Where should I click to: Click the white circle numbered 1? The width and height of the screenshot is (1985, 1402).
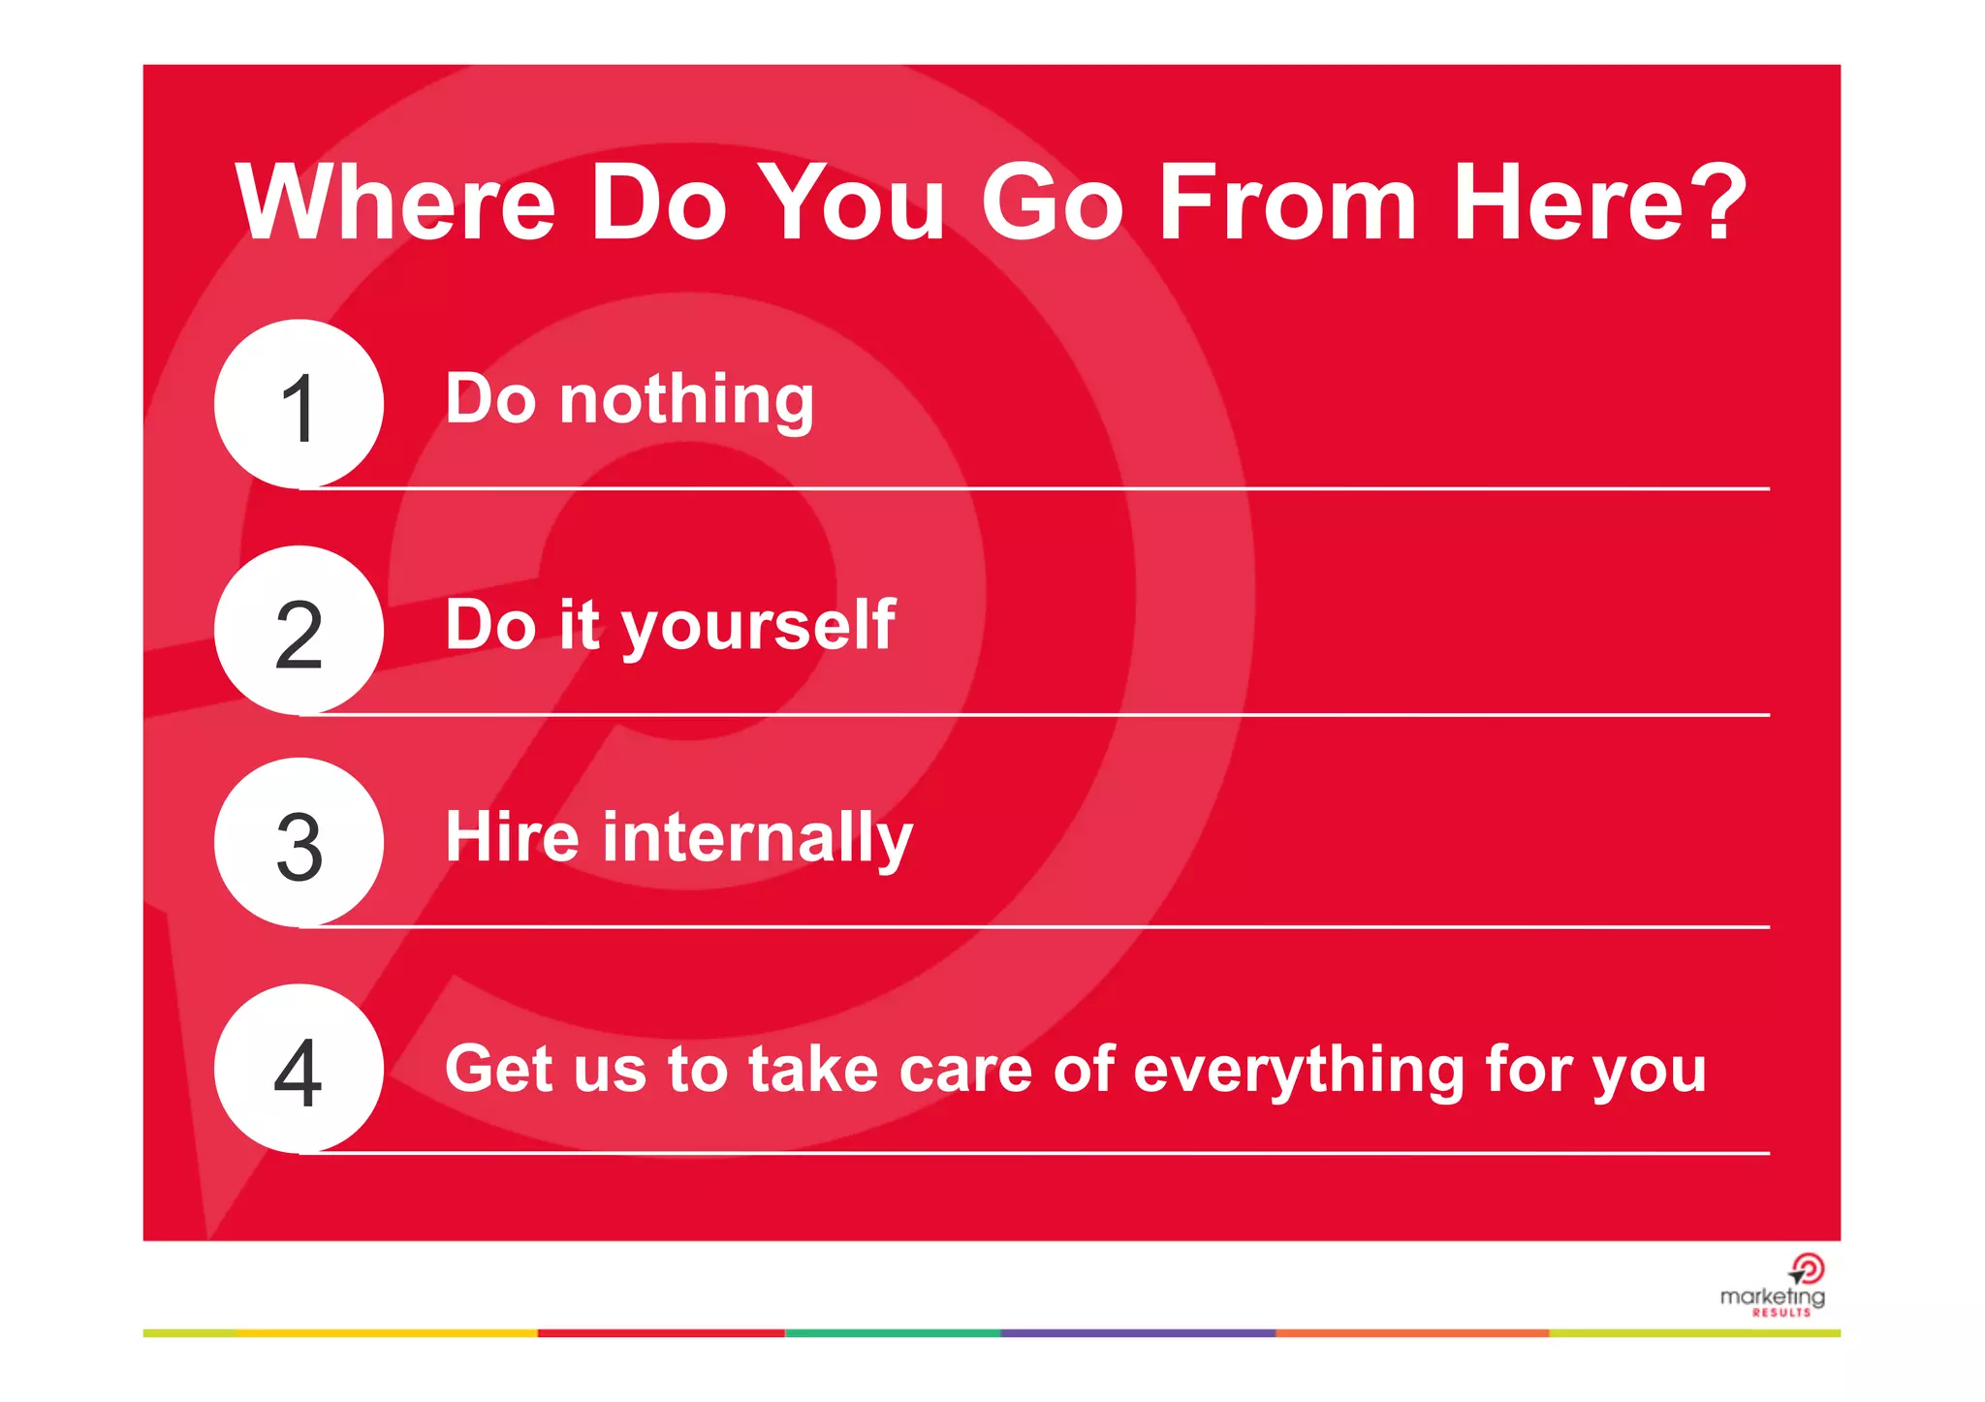pyautogui.click(x=299, y=404)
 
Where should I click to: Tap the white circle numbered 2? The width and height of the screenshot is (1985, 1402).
pyautogui.click(x=299, y=631)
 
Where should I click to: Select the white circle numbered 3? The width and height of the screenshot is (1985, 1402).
pyautogui.click(x=299, y=843)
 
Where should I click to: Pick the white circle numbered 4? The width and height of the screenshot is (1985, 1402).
pyautogui.click(x=299, y=1069)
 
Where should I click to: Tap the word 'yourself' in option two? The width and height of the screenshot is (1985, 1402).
pyautogui.click(x=758, y=626)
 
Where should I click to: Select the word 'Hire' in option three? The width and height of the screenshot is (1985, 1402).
pyautogui.click(x=512, y=837)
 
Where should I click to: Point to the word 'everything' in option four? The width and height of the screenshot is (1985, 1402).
pyautogui.click(x=1299, y=1072)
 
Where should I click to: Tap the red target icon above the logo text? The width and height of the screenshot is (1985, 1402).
pyautogui.click(x=1807, y=1268)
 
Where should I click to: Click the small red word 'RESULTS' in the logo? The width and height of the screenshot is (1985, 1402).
pyautogui.click(x=1781, y=1313)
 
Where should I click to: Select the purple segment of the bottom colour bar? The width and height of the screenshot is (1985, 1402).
pyautogui.click(x=1138, y=1333)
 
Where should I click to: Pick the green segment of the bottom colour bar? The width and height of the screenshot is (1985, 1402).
pyautogui.click(x=892, y=1333)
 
